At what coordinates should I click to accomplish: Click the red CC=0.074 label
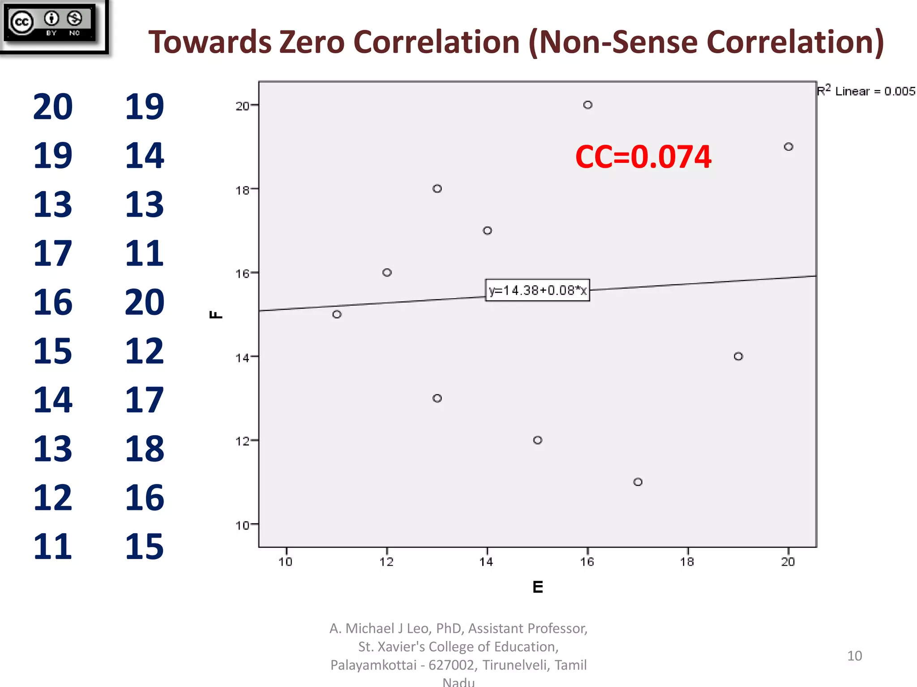pos(643,157)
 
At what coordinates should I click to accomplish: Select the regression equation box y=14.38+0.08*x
pos(537,290)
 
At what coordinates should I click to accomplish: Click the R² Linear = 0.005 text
pos(866,91)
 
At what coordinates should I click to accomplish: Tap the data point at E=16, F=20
pos(587,105)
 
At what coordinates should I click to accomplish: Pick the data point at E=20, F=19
pos(788,147)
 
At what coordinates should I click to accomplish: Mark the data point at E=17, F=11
pos(638,482)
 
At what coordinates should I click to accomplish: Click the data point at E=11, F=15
pos(337,314)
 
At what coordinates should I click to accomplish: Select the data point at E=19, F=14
pos(738,356)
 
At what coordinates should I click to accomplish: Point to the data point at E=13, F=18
pos(437,189)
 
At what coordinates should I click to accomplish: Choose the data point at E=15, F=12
pos(538,440)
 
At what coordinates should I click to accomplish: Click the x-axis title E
pos(538,587)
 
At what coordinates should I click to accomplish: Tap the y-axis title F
pos(216,314)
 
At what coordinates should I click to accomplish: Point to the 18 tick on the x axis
pos(687,562)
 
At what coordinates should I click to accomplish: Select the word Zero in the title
pos(312,42)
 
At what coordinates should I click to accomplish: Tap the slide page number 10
pos(854,656)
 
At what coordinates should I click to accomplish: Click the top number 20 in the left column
pos(53,107)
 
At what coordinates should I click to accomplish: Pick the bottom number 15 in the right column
pos(144,547)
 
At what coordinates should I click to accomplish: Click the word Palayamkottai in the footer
pos(373,665)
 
